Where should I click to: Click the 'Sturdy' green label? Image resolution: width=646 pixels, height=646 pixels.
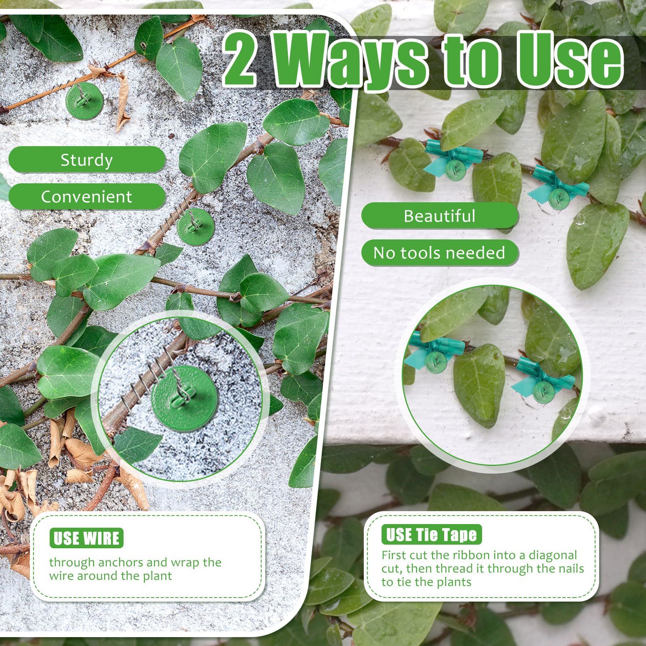87,160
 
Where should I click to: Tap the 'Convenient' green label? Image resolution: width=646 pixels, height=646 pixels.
87,197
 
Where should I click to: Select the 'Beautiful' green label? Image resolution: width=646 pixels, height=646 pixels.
440,216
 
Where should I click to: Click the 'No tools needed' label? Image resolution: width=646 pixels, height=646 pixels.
440,253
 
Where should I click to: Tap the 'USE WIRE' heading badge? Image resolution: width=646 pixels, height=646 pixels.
86,538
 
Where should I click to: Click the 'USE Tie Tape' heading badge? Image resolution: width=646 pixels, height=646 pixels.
432,535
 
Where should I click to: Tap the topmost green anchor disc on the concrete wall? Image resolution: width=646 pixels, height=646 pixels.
84,101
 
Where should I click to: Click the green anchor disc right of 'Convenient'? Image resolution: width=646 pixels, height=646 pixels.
195,226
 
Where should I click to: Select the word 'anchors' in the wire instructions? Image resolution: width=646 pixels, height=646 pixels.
122,562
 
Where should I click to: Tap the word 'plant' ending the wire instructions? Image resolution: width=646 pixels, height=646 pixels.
157,576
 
